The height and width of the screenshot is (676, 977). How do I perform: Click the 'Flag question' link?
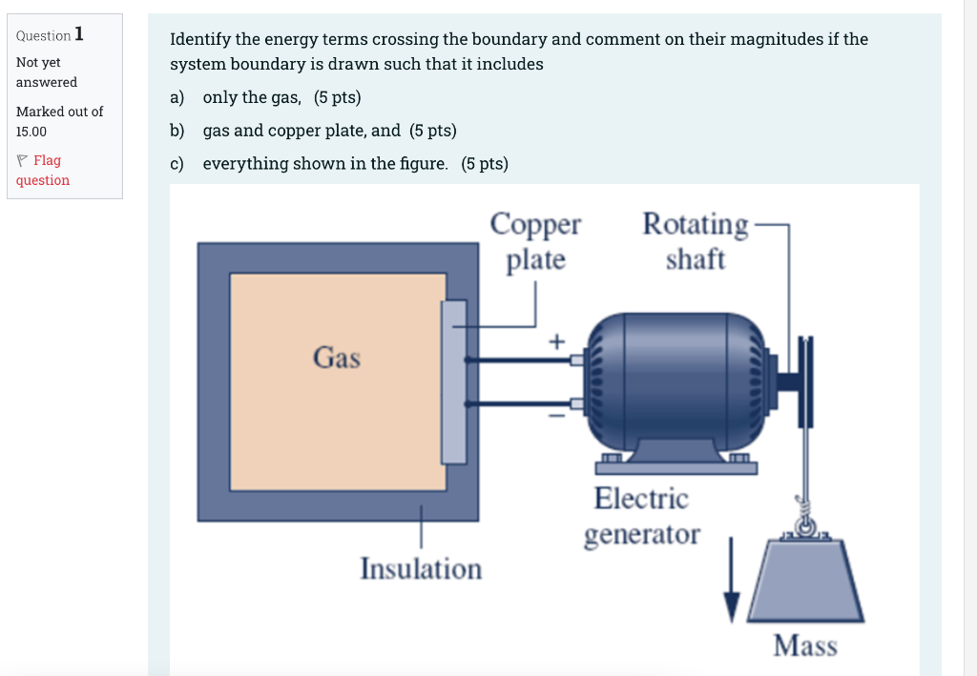point(43,170)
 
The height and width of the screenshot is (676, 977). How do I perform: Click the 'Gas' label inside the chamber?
point(337,358)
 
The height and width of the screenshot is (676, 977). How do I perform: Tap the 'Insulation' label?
point(421,569)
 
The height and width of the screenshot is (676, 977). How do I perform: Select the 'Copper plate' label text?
point(535,241)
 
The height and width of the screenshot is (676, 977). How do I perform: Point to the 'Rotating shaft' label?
point(696,241)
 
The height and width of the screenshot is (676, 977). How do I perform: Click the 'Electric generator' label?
point(641,516)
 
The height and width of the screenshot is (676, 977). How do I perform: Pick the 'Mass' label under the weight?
point(805,646)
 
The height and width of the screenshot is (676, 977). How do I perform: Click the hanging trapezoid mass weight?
point(807,582)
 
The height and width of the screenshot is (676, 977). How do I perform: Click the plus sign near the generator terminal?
point(557,339)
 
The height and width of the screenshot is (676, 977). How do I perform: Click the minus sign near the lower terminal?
point(556,415)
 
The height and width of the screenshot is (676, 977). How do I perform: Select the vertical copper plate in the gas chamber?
point(454,381)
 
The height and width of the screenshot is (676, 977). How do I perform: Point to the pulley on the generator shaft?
point(804,381)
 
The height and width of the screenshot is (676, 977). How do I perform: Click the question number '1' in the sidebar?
point(79,34)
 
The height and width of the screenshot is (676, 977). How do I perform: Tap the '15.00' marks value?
point(31,132)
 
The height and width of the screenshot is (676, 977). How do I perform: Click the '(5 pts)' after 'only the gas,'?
point(337,97)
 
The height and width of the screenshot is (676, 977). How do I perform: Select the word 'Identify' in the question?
point(200,39)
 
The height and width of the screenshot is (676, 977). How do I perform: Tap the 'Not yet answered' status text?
point(47,72)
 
